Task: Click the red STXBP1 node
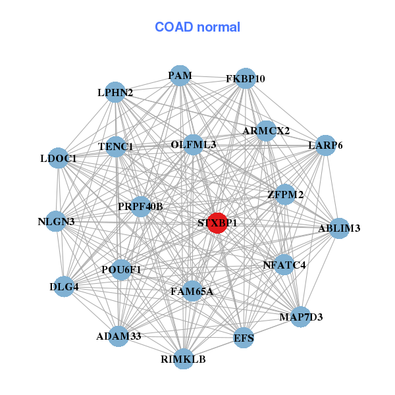(217, 223)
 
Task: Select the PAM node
(180, 76)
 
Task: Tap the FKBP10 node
(245, 78)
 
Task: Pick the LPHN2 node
(115, 93)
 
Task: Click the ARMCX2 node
(266, 131)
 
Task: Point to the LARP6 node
(325, 145)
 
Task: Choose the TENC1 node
(116, 146)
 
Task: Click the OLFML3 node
(193, 144)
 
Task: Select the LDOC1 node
(59, 158)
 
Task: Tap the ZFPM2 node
(285, 194)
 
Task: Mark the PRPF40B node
(140, 207)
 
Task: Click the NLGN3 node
(56, 222)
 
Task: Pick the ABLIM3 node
(339, 228)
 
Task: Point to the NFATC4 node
(284, 265)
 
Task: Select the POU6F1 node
(121, 269)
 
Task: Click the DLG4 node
(64, 286)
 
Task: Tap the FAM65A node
(192, 291)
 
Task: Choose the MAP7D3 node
(301, 317)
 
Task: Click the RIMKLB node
(184, 359)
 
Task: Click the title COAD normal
(197, 28)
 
